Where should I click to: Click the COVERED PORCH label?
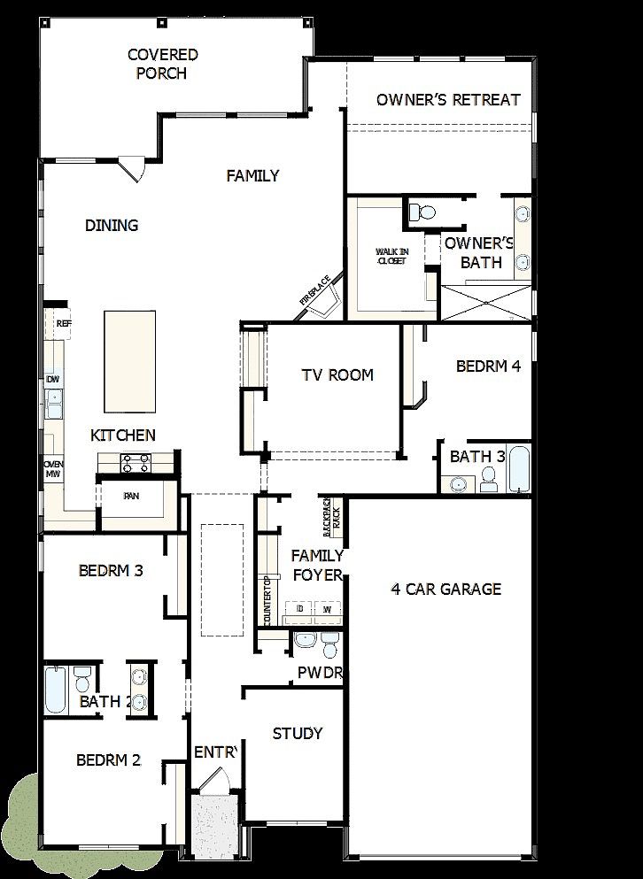162,64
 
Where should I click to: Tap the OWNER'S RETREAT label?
448,99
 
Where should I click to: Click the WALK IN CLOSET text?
391,257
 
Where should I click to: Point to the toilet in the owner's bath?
422,212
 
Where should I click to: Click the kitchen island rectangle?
129,361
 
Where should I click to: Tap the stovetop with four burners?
136,462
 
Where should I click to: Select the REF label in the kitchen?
63,324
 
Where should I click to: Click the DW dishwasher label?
53,379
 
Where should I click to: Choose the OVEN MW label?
53,469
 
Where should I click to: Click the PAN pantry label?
131,496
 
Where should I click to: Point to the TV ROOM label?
337,374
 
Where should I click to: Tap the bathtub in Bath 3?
519,468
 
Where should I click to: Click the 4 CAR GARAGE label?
446,589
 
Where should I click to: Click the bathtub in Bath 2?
55,690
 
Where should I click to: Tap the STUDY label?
298,733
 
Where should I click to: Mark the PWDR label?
320,673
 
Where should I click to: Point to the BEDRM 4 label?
488,366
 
